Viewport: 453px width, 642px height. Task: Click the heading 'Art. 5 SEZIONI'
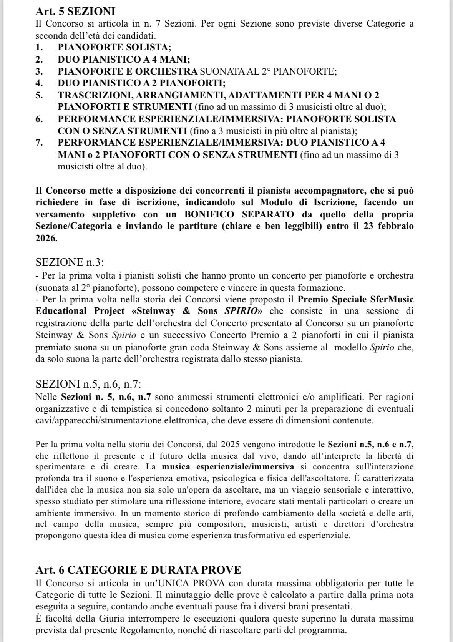pyautogui.click(x=75, y=12)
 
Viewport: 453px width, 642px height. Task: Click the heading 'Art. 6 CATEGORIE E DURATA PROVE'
pyautogui.click(x=138, y=569)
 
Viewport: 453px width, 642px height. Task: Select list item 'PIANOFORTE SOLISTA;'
pyautogui.click(x=114, y=47)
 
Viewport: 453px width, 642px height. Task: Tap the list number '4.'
pyautogui.click(x=39, y=83)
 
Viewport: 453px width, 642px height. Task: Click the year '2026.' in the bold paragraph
pyautogui.click(x=46, y=238)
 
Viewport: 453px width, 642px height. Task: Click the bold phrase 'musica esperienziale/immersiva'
pyautogui.click(x=228, y=467)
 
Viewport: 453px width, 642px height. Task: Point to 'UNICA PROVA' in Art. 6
pyautogui.click(x=204, y=584)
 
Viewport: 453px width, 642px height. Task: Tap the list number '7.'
pyautogui.click(x=39, y=143)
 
